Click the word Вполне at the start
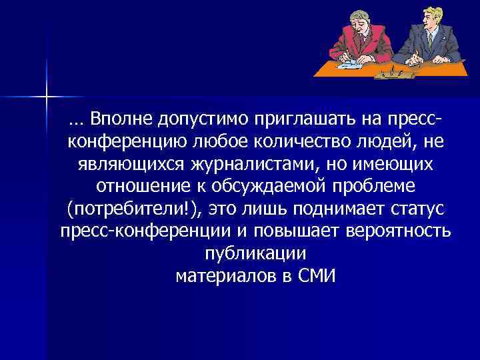pos(119,119)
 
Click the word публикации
pos(253,253)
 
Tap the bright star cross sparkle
pos(47,97)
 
